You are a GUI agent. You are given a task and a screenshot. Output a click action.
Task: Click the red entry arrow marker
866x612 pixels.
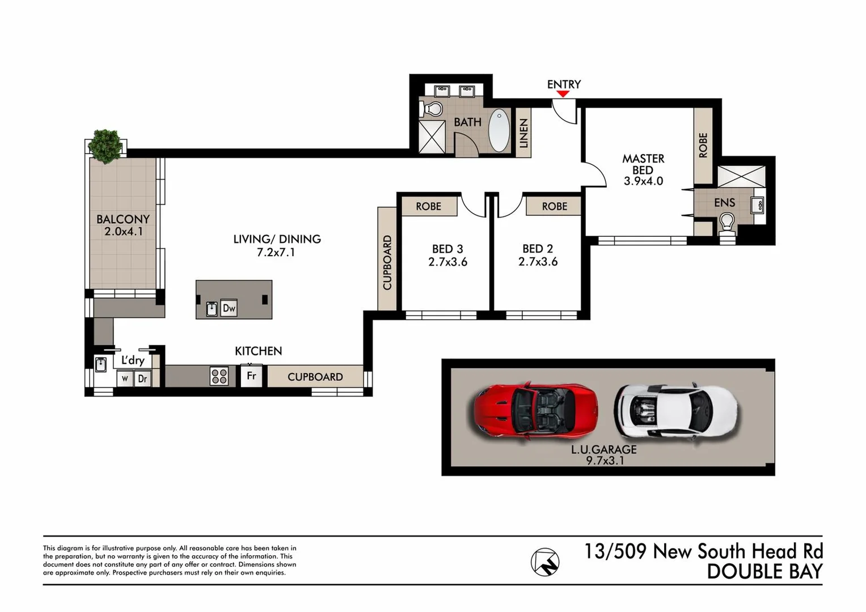tap(563, 94)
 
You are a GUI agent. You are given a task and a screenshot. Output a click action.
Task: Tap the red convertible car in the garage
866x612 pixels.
tap(535, 409)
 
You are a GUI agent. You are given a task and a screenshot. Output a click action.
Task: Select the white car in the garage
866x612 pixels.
tap(675, 409)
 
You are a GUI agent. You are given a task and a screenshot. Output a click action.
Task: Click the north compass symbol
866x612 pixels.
tap(545, 562)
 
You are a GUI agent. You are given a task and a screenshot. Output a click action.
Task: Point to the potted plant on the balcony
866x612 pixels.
tap(106, 145)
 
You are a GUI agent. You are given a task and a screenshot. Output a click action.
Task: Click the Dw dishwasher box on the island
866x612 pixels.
tap(229, 308)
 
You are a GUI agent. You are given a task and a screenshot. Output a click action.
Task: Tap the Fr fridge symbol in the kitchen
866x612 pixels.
tap(251, 376)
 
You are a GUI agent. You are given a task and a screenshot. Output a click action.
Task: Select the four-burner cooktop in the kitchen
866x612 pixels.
tap(219, 376)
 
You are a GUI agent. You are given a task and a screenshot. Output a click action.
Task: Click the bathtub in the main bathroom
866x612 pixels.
tap(499, 130)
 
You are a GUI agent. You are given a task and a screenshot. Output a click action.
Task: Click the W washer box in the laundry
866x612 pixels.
tap(125, 379)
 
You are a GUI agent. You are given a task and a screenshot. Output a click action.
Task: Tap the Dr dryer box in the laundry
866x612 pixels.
tap(142, 379)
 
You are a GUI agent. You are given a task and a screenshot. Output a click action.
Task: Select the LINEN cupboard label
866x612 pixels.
tap(523, 133)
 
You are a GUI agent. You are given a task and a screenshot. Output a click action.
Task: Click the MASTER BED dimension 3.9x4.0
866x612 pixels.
tap(643, 181)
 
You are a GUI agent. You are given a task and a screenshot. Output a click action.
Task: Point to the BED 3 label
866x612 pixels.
tap(447, 249)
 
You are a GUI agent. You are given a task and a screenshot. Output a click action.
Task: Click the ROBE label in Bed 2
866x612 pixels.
tap(554, 206)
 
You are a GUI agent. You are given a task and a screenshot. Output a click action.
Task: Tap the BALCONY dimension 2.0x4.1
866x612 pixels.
tap(123, 232)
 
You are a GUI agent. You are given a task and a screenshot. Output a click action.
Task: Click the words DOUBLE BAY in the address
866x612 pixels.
tap(764, 572)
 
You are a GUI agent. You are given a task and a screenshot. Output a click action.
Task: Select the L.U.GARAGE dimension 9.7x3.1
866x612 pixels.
tap(605, 461)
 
